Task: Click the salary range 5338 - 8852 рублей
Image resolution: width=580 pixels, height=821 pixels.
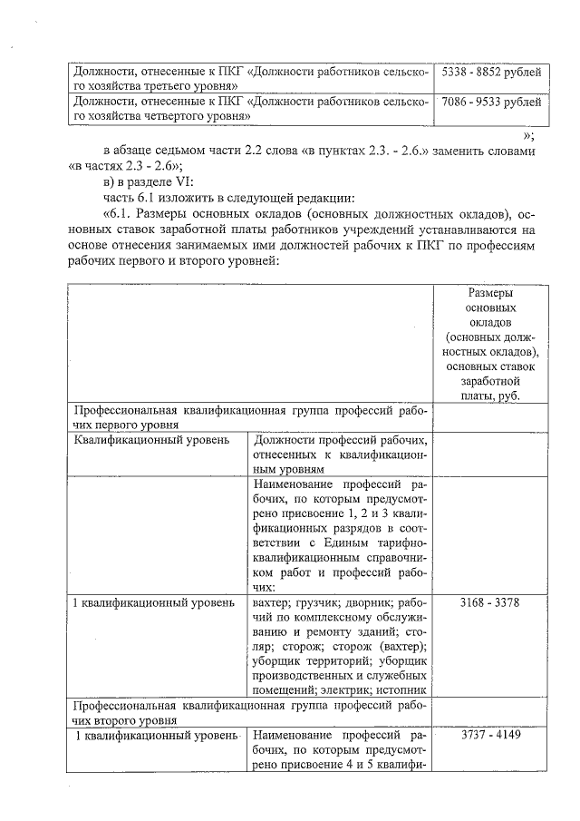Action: coord(491,70)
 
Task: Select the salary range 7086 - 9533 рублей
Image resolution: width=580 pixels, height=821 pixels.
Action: coord(491,102)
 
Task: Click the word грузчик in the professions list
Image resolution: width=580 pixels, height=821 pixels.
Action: coord(313,602)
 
